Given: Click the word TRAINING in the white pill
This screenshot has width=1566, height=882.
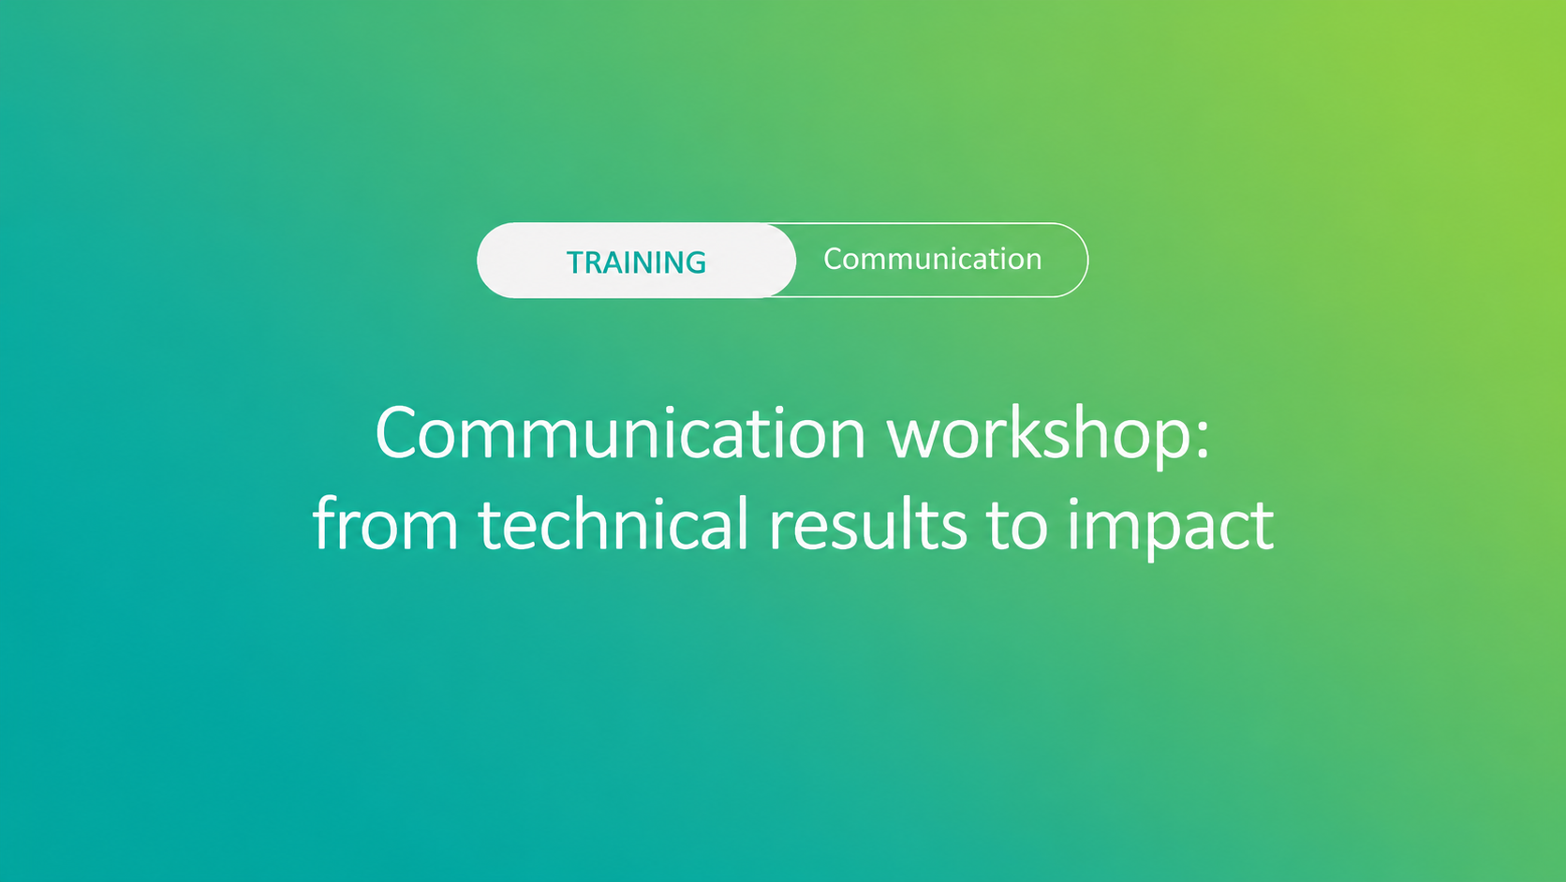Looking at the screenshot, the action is [636, 262].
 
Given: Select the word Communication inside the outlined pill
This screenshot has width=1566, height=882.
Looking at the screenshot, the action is [933, 259].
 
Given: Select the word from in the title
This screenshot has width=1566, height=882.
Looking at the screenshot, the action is [385, 522].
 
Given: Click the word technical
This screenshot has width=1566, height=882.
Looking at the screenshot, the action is [613, 522].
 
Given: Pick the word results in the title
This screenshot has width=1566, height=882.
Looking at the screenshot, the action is [867, 522].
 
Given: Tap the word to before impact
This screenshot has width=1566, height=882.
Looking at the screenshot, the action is [1017, 525].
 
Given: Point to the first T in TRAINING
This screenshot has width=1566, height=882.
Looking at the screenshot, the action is [576, 262].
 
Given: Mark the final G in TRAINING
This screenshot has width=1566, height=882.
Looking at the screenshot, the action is [695, 262].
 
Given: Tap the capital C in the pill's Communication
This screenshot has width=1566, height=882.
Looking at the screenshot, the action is [834, 259].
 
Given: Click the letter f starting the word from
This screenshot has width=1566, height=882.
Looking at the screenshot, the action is [326, 522].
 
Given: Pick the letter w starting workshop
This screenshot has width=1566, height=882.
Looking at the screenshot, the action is [915, 442].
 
